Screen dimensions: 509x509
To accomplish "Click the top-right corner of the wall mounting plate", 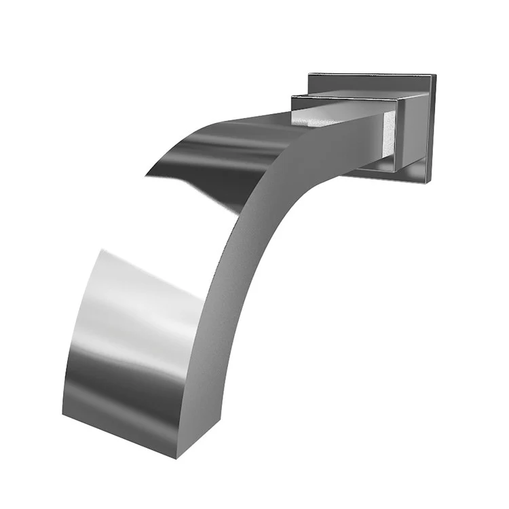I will click(434, 76).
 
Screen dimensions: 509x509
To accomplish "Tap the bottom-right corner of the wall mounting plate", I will click(431, 182).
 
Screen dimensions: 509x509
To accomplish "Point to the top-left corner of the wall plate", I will click(309, 73).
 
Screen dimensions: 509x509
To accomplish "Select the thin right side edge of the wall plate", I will click(432, 129).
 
